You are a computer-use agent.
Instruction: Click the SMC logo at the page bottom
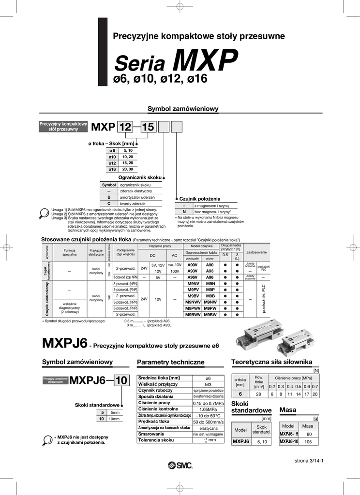coord(180,465)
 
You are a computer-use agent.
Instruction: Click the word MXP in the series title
coord(206,62)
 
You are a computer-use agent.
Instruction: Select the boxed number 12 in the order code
coord(125,127)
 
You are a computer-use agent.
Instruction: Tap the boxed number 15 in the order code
coord(148,127)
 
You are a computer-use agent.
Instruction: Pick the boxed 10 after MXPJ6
coord(121,381)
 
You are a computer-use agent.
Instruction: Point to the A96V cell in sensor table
coord(192,277)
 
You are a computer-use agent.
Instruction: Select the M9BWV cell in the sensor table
coord(193,314)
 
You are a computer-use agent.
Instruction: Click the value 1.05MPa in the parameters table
coord(208,409)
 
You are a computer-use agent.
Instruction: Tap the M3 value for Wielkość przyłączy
coord(208,384)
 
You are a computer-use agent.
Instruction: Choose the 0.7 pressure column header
coord(315,386)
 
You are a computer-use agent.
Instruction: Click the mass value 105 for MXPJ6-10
coord(308,441)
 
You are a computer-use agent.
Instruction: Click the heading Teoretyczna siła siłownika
coord(271,362)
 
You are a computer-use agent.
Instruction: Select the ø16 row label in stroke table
coord(112,169)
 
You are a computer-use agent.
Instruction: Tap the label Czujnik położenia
coord(199,199)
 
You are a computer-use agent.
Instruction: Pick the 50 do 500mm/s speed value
coord(208,422)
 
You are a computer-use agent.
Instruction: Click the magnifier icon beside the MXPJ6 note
coord(47,439)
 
